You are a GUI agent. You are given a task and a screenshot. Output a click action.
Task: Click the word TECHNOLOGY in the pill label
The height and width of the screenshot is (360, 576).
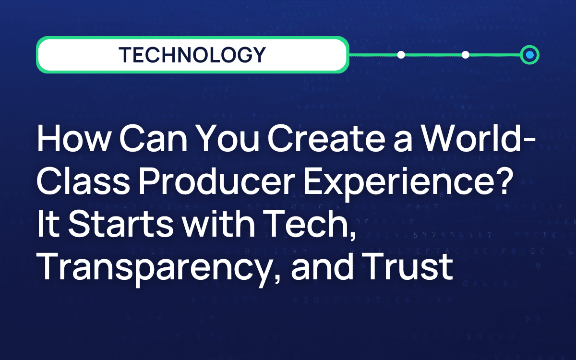point(192,55)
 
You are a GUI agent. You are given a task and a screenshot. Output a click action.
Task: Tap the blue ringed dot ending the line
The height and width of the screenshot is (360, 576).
point(529,55)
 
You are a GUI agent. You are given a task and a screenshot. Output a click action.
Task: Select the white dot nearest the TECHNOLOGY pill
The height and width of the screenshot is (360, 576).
point(401,55)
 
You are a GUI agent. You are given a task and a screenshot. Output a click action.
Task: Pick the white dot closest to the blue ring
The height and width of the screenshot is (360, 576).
point(465,55)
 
